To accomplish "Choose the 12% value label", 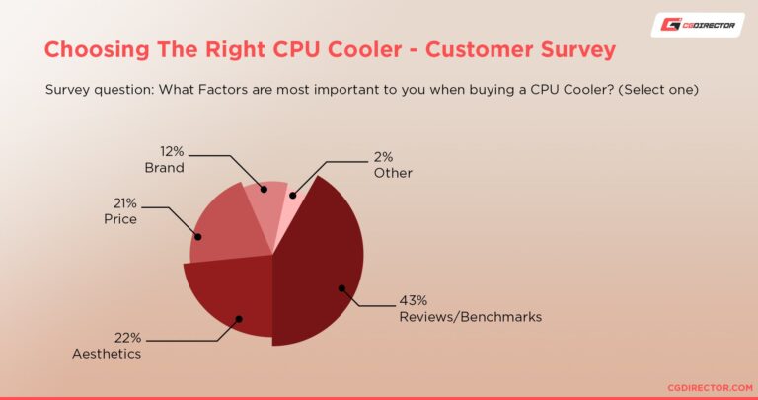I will coord(174,152).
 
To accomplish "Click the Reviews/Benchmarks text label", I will coord(470,317).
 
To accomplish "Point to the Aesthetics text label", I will coord(107,353).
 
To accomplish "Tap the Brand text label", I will coord(164,168).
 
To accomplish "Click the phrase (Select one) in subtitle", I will coord(663,90).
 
